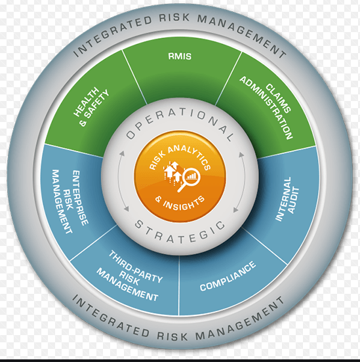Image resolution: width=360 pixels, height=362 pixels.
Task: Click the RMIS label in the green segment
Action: coord(180,56)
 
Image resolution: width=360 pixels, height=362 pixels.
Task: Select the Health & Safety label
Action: coord(91,107)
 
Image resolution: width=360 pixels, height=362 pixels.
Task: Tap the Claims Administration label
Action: coord(266,108)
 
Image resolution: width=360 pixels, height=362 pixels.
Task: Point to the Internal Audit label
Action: coord(287,199)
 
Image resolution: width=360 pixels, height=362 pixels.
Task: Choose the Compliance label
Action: coord(228,276)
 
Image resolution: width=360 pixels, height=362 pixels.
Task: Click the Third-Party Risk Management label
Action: coord(130,276)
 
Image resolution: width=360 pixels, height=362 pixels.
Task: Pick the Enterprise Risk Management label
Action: coord(70,201)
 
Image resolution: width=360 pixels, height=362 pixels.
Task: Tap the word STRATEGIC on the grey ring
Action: coord(180,233)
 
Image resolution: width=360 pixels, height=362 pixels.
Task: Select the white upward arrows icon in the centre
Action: coord(172,172)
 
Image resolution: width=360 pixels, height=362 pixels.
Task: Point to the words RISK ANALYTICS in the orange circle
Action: coord(180,157)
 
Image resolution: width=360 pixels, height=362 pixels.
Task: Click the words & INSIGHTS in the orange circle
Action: coord(180,203)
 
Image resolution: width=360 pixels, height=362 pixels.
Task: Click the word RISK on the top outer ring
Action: coord(175,18)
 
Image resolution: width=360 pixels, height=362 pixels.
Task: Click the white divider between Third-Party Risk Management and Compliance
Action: coord(179,285)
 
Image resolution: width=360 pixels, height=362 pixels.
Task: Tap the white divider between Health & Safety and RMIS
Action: coord(134,77)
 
